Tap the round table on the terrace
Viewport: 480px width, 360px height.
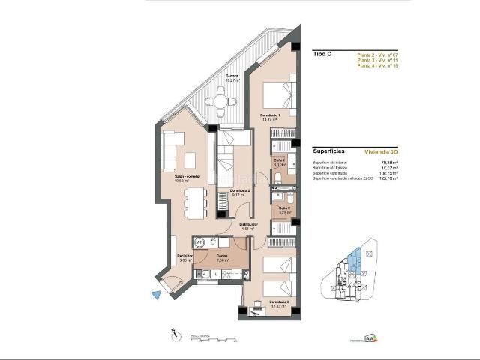point(220,97)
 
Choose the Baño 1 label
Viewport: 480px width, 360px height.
point(279,161)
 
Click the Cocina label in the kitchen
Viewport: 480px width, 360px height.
point(222,256)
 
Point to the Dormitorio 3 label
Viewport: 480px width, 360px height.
point(280,302)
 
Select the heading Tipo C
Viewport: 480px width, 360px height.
point(323,55)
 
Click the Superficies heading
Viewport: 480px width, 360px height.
point(330,150)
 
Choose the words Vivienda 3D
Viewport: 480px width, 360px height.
point(381,150)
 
